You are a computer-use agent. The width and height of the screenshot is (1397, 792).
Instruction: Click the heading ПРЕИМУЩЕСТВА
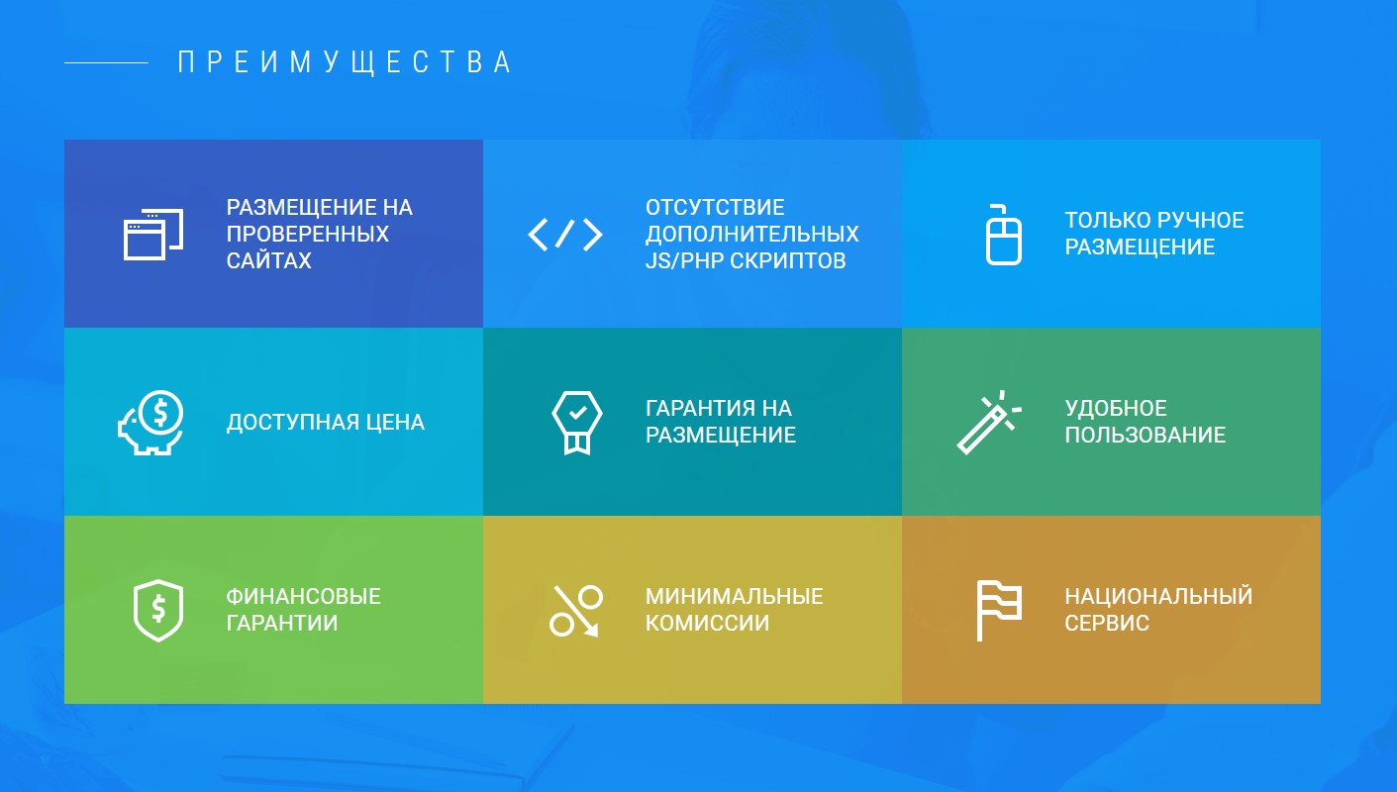345,62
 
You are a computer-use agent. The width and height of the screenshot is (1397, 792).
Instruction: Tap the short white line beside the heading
107,62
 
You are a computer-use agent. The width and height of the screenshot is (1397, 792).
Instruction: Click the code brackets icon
565,235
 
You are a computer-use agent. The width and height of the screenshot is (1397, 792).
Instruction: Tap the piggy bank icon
150,422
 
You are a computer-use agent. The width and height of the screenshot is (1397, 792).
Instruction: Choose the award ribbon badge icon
577,422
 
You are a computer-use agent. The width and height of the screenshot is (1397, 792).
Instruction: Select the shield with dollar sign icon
158,611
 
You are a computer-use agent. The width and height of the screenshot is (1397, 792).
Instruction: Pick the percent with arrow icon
576,611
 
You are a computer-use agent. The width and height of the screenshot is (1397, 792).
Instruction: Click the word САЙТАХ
268,260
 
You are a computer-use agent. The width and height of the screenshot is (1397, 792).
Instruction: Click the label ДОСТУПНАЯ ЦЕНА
326,422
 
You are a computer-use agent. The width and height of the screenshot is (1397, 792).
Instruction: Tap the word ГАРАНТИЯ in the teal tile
698,408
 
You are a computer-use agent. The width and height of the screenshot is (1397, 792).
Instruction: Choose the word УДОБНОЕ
1116,408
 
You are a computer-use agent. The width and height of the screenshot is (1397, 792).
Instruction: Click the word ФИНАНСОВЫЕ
303,596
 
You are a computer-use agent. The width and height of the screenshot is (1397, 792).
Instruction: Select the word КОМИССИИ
707,623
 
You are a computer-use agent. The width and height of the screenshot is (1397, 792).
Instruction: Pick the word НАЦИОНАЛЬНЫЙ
1158,596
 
